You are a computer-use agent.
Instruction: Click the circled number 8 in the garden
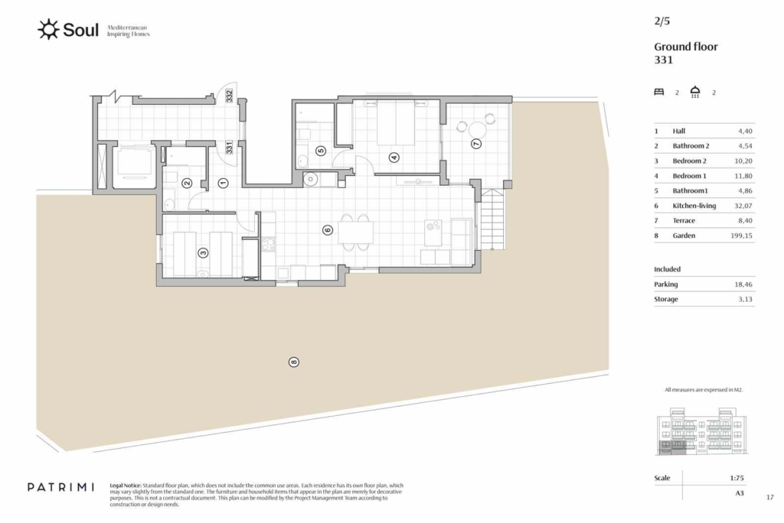[294, 362]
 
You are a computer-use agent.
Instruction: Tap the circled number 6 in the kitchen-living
[328, 230]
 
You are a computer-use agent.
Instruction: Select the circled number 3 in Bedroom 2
[203, 253]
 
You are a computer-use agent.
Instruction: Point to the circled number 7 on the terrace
[476, 143]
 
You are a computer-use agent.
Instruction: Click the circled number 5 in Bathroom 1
[321, 151]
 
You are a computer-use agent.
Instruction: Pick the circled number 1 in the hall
[223, 184]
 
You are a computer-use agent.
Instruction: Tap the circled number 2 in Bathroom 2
[187, 184]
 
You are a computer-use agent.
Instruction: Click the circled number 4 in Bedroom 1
[394, 158]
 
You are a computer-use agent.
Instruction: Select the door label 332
[229, 96]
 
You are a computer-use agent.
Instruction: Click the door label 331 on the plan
[229, 148]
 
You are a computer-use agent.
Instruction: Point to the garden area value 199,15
[741, 236]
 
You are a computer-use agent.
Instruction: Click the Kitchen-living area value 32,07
[743, 206]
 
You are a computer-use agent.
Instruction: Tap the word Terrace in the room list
[684, 221]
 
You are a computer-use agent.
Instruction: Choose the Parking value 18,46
[743, 284]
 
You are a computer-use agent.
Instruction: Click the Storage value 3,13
[745, 300]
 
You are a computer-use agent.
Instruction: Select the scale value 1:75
[737, 478]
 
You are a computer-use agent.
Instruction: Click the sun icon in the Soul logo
[48, 30]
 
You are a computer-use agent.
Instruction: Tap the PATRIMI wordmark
[60, 487]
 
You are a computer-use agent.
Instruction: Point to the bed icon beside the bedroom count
[659, 92]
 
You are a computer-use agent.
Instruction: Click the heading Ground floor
[685, 47]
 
